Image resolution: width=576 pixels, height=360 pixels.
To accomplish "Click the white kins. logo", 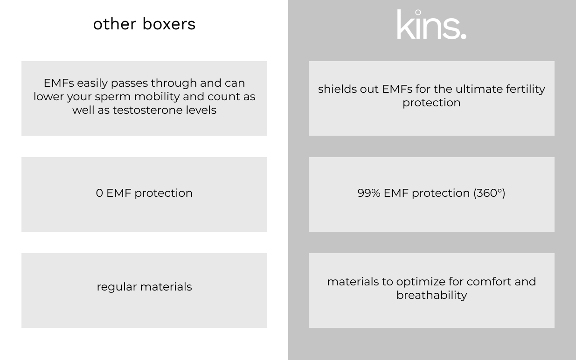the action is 432,24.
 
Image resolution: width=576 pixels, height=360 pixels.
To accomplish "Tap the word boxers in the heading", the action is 169,24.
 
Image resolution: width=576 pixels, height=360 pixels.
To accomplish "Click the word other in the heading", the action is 115,24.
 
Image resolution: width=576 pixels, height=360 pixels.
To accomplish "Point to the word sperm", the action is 113,97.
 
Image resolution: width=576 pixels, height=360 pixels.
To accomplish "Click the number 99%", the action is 369,193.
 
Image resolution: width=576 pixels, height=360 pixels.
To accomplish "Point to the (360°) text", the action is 489,193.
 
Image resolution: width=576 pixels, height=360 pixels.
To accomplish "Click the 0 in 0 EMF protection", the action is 99,193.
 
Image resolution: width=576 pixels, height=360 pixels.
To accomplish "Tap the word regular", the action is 117,287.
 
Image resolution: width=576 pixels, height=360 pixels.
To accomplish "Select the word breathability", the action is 431,295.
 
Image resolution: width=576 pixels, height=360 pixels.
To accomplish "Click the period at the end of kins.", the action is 463,36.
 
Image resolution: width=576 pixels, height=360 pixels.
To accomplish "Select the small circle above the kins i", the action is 418,12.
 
